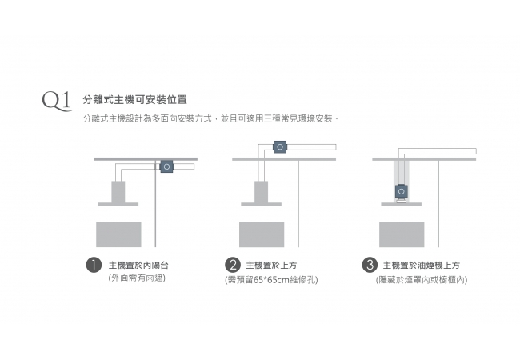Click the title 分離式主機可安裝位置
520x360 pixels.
pos(134,100)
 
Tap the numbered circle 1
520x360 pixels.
pos(94,265)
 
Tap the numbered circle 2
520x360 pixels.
pos(233,265)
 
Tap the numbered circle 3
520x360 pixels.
pos(370,265)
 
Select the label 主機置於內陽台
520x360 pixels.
pos(138,265)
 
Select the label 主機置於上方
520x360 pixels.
pos(271,265)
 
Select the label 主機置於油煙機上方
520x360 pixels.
pos(421,265)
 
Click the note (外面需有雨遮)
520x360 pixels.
pos(137,278)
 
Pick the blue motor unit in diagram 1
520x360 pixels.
pos(166,166)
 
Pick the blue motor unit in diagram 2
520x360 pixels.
pos(280,147)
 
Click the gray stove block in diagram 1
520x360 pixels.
pos(118,233)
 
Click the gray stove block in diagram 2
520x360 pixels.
pos(262,233)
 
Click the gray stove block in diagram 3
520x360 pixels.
pos(402,233)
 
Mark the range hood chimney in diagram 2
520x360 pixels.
pos(262,192)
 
